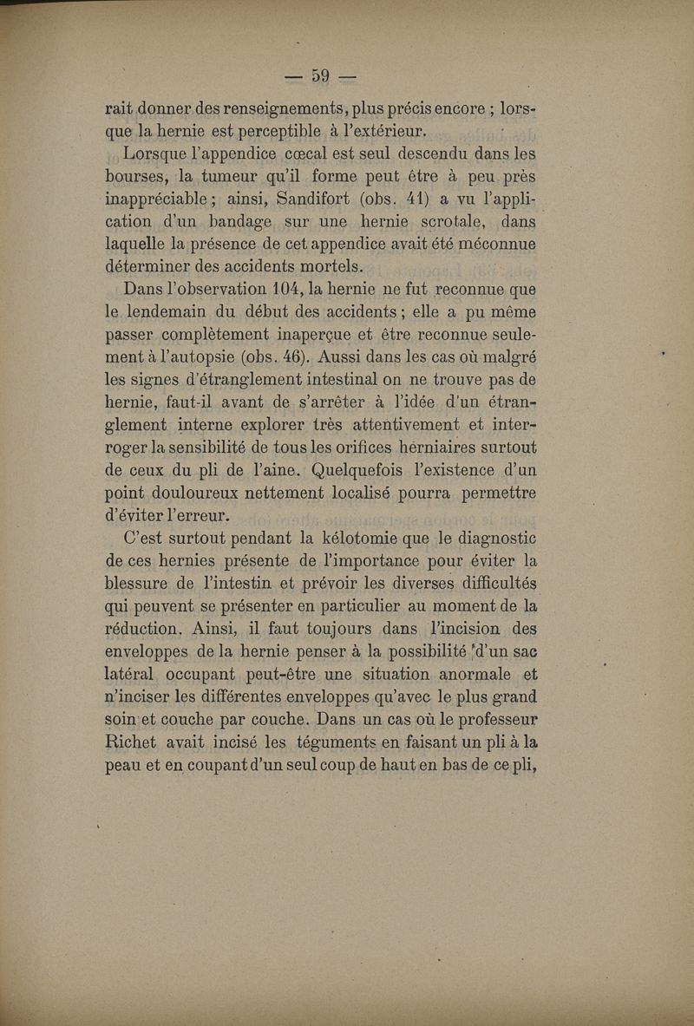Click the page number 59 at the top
coord(321,75)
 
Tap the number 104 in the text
coord(289,288)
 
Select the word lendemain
coord(174,311)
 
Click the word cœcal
coord(322,154)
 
